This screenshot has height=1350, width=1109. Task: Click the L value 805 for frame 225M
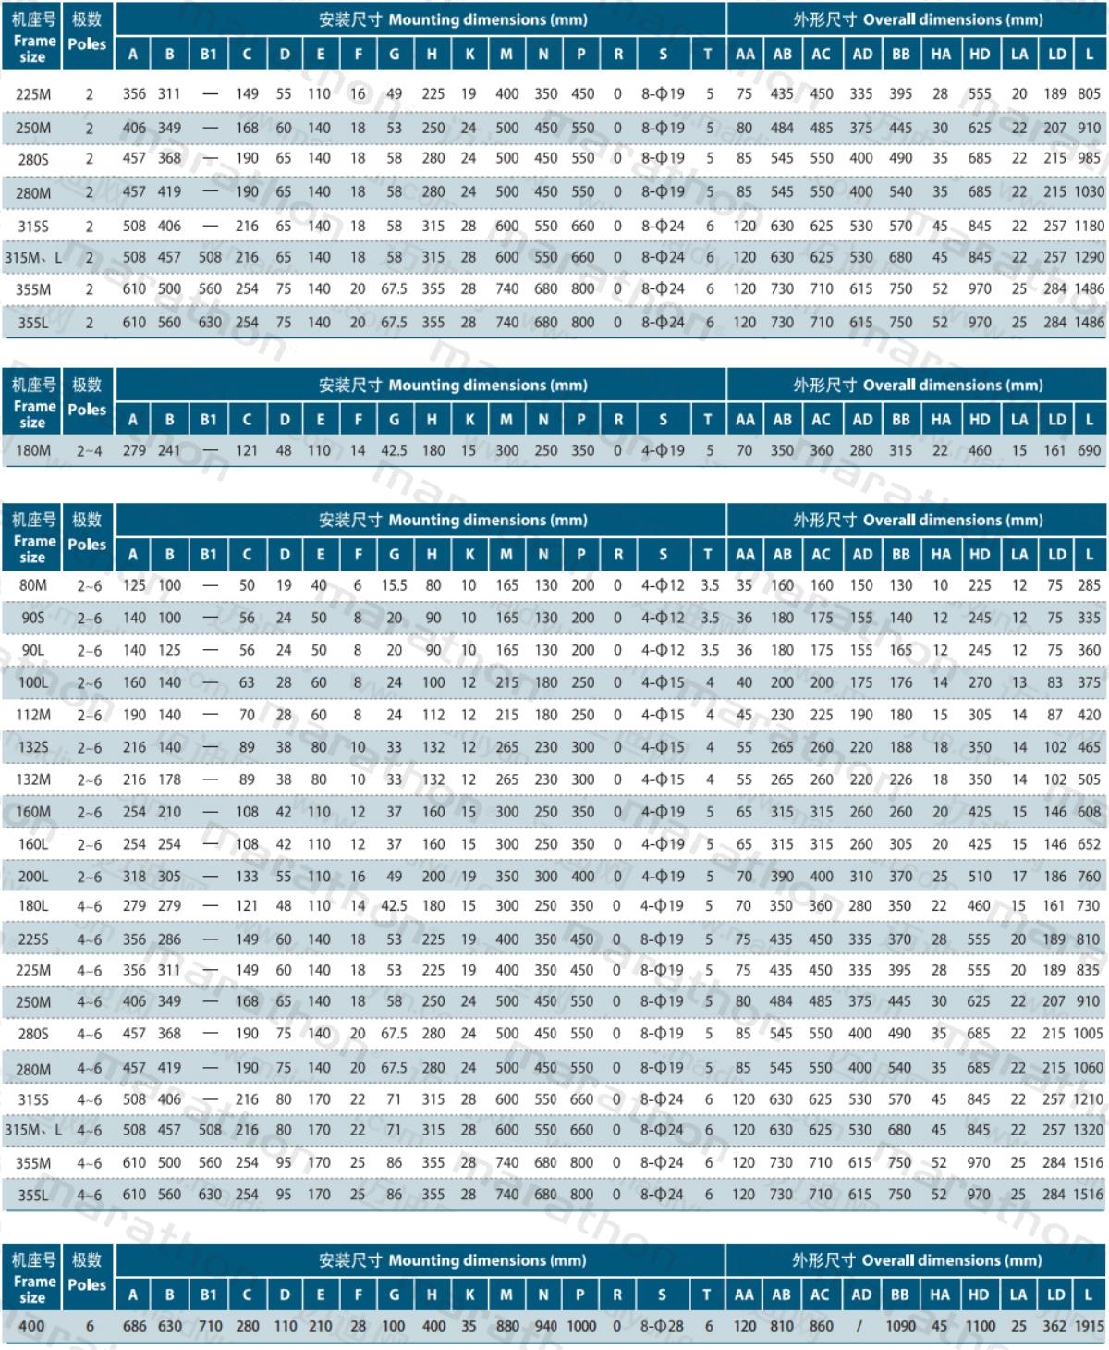tap(1089, 94)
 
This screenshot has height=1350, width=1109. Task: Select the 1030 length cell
tap(1090, 191)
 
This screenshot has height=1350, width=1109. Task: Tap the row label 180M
tap(33, 450)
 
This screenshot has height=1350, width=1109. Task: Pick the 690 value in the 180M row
tap(1089, 450)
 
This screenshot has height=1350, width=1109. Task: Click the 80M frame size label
tap(33, 585)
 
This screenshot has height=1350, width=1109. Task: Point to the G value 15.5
tap(395, 585)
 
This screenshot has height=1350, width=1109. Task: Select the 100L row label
tap(33, 682)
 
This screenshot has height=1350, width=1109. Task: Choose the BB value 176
tap(900, 682)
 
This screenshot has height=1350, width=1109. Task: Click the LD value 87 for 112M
tap(1054, 715)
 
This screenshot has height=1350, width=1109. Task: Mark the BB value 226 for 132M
tap(900, 779)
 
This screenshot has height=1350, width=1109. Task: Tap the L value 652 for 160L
tap(1089, 843)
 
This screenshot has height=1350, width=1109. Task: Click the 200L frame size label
tap(33, 876)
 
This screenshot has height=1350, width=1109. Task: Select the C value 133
tap(247, 876)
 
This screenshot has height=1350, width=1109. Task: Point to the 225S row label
tap(33, 939)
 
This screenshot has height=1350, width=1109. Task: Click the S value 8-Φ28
tap(662, 1326)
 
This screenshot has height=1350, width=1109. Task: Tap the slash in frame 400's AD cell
tap(859, 1326)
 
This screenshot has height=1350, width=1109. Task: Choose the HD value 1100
tap(980, 1326)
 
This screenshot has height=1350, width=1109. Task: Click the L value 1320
tap(1090, 1130)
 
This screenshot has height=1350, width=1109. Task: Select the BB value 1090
tap(900, 1326)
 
